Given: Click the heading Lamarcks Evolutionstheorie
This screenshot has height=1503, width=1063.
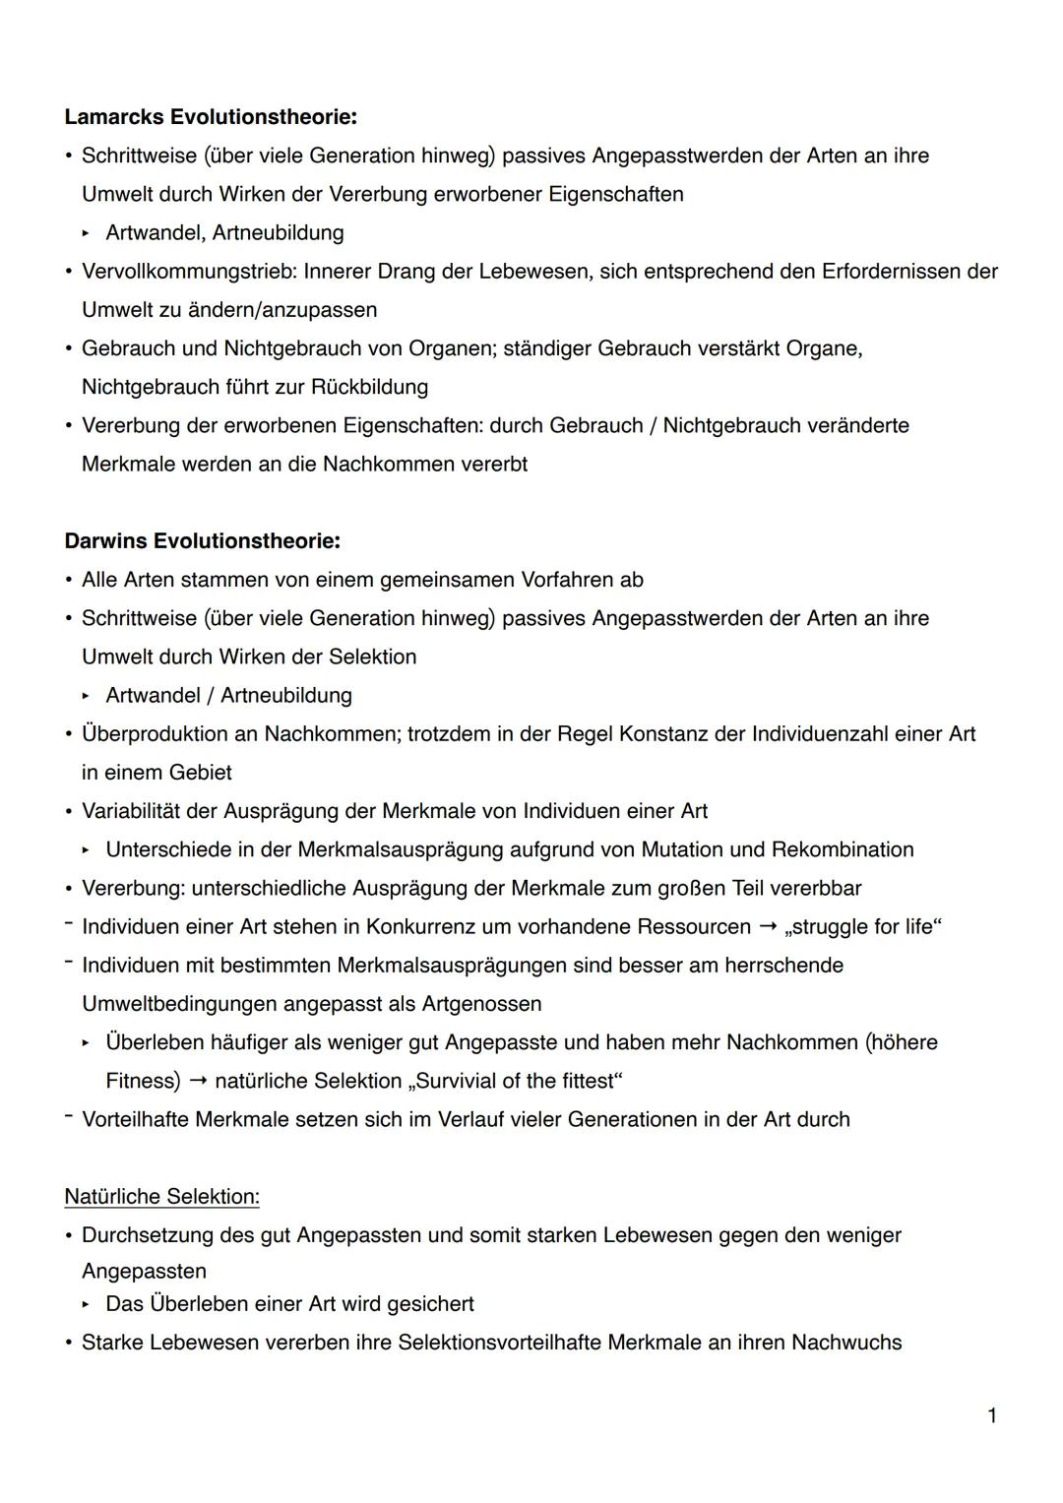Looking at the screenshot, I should click(x=210, y=117).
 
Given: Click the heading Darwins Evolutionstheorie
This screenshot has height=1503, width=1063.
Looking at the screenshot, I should click(x=202, y=541).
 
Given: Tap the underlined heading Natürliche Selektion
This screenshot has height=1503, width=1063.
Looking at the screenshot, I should click(x=161, y=1197).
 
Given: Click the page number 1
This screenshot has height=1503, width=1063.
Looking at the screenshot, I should click(x=991, y=1416).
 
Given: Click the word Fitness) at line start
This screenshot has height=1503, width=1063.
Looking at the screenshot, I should click(x=143, y=1082).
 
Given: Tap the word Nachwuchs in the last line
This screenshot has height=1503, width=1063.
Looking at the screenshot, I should click(x=846, y=1343).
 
